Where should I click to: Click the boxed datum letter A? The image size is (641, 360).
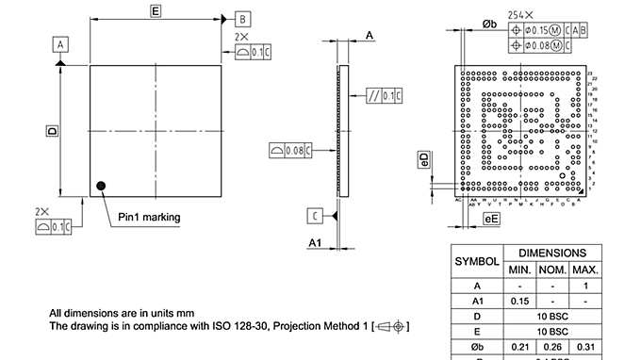click(x=60, y=44)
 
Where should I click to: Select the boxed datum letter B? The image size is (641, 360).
click(x=242, y=19)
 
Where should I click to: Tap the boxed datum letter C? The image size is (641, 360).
click(x=314, y=216)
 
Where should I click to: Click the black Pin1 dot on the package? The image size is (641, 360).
click(x=101, y=186)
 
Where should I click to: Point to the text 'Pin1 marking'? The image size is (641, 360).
click(x=149, y=217)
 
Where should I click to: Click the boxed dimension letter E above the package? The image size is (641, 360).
click(x=156, y=10)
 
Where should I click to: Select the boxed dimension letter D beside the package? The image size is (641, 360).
click(x=53, y=131)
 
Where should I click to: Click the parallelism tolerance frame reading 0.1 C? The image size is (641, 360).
click(x=385, y=96)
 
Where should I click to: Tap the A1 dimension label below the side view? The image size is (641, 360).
click(x=318, y=242)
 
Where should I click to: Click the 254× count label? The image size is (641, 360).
click(x=520, y=15)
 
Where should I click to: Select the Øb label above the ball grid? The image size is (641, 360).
click(x=489, y=23)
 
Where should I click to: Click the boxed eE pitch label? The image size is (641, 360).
click(x=490, y=219)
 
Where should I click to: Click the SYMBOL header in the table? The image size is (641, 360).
click(x=477, y=261)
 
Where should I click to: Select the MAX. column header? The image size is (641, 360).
click(x=584, y=270)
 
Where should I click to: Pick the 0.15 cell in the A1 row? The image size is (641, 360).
click(x=520, y=301)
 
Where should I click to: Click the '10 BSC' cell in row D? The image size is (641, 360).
click(x=552, y=317)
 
